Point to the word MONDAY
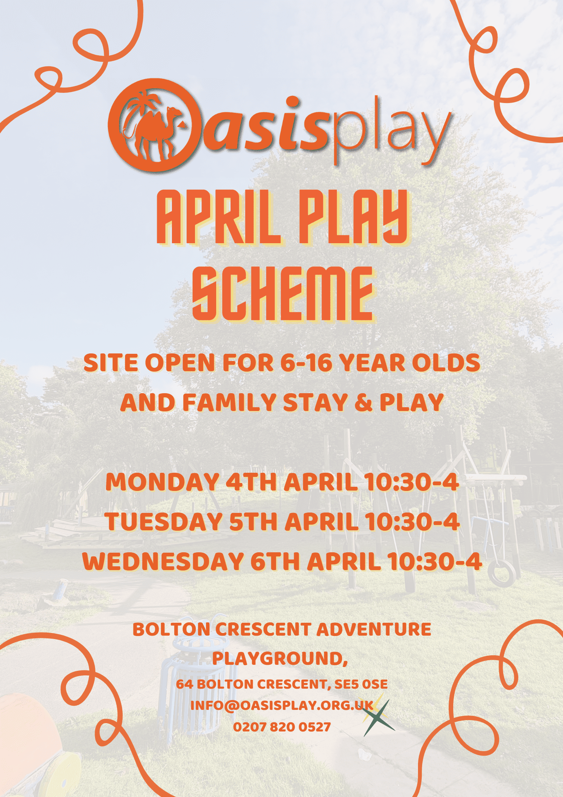click(162, 482)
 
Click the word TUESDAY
click(164, 522)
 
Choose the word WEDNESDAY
click(163, 561)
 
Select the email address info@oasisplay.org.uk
click(282, 705)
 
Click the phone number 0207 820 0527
click(282, 727)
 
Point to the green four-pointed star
click(377, 718)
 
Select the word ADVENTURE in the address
click(374, 630)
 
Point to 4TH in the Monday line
click(251, 482)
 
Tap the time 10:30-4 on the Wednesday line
click(435, 561)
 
